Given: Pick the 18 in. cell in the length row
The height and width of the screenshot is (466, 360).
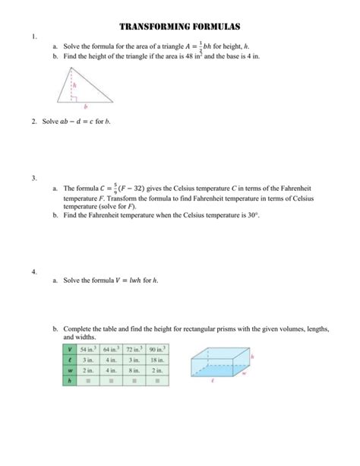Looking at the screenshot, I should pyautogui.click(x=159, y=360).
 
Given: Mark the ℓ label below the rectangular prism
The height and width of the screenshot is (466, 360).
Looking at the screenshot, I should pyautogui.click(x=213, y=385).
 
